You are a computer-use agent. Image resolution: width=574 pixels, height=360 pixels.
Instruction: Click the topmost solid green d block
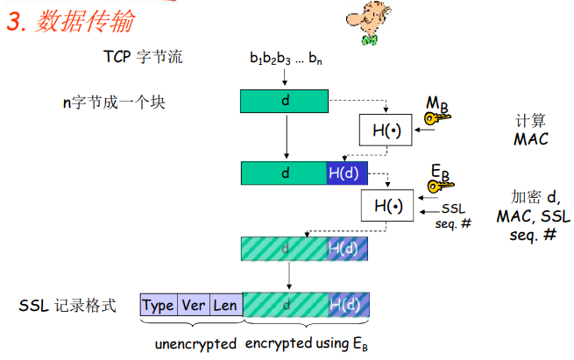pos(285,102)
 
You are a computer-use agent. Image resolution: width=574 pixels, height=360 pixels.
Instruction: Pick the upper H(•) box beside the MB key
pos(386,131)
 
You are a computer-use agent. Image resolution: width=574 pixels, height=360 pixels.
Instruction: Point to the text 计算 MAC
pos(530,131)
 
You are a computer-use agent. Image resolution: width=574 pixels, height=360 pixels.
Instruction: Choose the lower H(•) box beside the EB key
pos(386,207)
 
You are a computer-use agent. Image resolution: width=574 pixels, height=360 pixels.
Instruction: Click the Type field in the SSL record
pos(158,306)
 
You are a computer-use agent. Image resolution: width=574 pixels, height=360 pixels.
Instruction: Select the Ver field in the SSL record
pos(193,306)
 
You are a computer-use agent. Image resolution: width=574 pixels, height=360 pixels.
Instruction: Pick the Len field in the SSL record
pos(225,306)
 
